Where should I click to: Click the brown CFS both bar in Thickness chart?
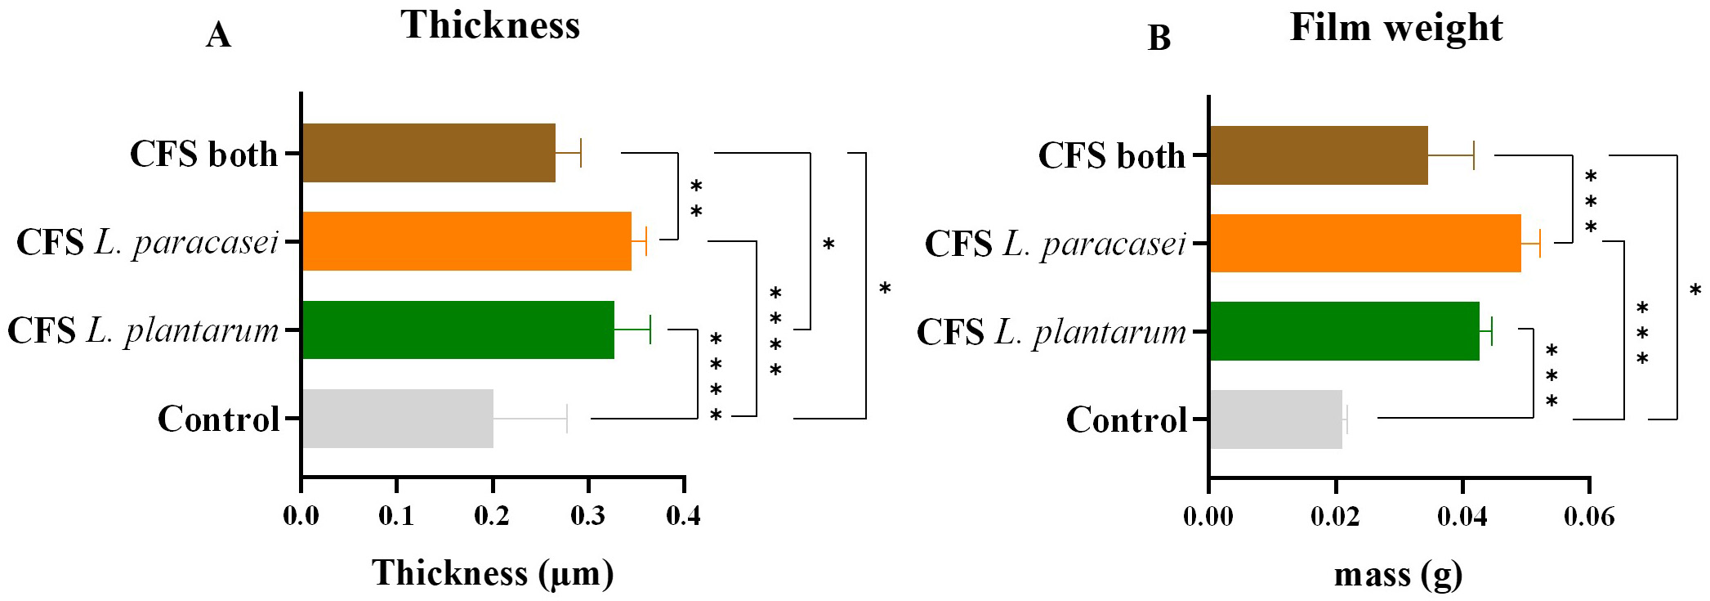[428, 153]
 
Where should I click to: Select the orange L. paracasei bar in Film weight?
[1364, 243]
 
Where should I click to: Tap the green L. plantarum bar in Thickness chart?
[458, 330]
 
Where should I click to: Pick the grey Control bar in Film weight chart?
[1275, 419]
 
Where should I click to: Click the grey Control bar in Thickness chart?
[397, 419]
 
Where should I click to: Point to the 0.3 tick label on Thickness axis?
[588, 517]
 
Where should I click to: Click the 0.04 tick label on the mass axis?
[1462, 518]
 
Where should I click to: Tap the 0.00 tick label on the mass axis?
[1208, 518]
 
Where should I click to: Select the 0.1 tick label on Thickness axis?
[397, 517]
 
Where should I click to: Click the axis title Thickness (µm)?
[493, 573]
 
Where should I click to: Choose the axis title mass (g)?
[1398, 575]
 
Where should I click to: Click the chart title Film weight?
[1395, 28]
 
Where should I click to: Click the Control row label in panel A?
[218, 419]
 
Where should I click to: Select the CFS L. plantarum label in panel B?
[1051, 332]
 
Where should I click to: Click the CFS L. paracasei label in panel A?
[147, 243]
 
